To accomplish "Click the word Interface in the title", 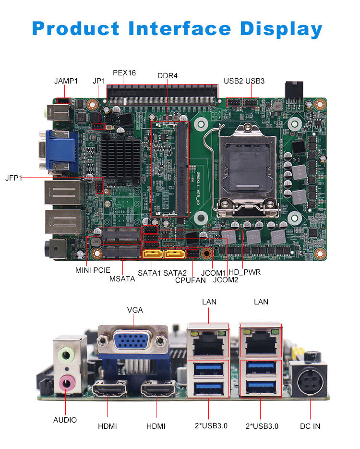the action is pyautogui.click(x=180, y=29).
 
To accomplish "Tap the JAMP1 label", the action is pyautogui.click(x=66, y=81).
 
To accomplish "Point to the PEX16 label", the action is pyautogui.click(x=124, y=73).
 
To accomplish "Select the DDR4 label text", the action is pyautogui.click(x=168, y=76).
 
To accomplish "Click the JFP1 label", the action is pyautogui.click(x=13, y=178).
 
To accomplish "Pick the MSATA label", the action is pyautogui.click(x=122, y=279).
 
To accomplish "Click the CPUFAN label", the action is pyautogui.click(x=190, y=280).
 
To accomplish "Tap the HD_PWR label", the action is pyautogui.click(x=245, y=272).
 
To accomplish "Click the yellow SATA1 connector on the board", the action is pyautogui.click(x=153, y=254).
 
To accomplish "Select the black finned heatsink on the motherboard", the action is pyautogui.click(x=120, y=159).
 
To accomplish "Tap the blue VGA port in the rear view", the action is pyautogui.click(x=133, y=340).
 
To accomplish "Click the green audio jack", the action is pyautogui.click(x=66, y=355).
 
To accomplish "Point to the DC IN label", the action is pyautogui.click(x=310, y=426).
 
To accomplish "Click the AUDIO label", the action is pyautogui.click(x=65, y=420).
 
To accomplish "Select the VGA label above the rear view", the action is pyautogui.click(x=135, y=310).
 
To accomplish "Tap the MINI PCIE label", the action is pyautogui.click(x=93, y=270).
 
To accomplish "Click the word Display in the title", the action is pyautogui.click(x=281, y=29).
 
